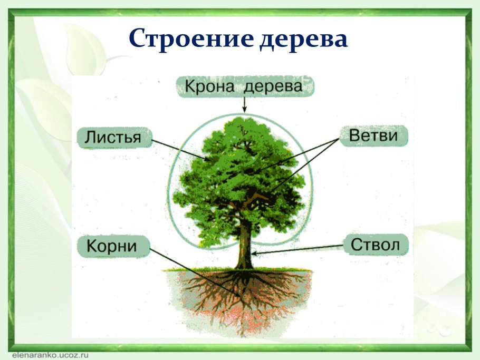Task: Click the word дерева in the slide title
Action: tap(304, 39)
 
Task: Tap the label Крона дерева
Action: tap(245, 86)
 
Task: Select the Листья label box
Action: tap(114, 138)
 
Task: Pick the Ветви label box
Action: tap(373, 135)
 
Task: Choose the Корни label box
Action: tap(113, 246)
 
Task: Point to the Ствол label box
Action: tap(376, 245)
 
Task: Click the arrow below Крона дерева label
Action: tap(244, 105)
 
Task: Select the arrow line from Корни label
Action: tap(195, 272)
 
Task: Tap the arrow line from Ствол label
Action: tap(297, 250)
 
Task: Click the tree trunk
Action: tap(244, 245)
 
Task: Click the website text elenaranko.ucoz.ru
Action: tap(50, 355)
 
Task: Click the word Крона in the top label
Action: tap(209, 86)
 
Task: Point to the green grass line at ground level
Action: tap(237, 269)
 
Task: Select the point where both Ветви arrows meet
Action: tap(339, 139)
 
